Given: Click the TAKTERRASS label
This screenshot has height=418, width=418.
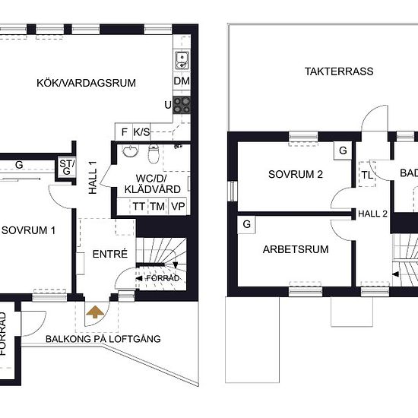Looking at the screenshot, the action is (x=339, y=71).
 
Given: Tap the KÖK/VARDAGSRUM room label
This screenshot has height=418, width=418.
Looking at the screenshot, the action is (x=86, y=83).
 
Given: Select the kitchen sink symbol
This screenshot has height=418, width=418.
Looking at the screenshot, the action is (x=182, y=60).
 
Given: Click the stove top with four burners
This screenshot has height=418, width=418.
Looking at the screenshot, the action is (x=182, y=105).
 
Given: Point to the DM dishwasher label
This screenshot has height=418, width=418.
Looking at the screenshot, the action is (x=182, y=81).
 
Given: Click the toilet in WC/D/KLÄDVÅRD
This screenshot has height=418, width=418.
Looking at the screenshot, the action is (x=154, y=154).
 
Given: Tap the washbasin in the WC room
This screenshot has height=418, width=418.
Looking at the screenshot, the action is (x=131, y=151).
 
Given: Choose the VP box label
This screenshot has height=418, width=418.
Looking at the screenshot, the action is (x=178, y=206).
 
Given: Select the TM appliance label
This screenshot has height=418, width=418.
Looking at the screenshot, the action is (x=157, y=206).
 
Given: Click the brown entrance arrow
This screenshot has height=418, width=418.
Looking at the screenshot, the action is (x=95, y=312).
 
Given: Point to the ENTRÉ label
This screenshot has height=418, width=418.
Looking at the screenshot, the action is (x=110, y=254).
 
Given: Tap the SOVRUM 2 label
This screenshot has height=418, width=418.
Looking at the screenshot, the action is (x=296, y=174).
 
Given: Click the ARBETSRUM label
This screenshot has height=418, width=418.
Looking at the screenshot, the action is (x=296, y=249).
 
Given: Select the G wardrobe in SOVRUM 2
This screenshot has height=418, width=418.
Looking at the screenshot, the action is (x=343, y=150).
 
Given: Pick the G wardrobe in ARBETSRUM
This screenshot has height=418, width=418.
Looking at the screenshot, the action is (x=246, y=224).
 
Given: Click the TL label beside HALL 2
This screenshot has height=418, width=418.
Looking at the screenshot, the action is (x=367, y=175).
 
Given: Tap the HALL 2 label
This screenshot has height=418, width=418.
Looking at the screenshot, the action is (x=372, y=214).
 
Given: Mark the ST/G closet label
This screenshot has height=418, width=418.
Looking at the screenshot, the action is (x=67, y=167).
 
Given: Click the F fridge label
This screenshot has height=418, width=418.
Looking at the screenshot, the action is (x=124, y=132).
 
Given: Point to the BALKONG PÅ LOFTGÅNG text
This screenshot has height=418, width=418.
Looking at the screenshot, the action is (x=103, y=339).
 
